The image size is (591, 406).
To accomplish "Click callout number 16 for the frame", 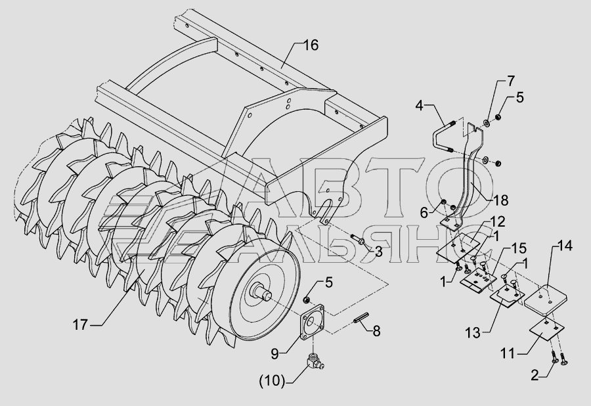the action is coord(311,45).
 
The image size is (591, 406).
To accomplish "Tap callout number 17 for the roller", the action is coord(80,325).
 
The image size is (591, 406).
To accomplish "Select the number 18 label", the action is coord(501,200).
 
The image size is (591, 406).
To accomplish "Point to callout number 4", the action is coord(420,106).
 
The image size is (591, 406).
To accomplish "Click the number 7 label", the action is coord(511,81).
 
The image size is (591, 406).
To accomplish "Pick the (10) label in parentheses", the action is coord(272,381).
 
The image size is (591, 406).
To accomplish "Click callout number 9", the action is coord(274,353).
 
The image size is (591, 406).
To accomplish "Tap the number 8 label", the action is coord(376,331).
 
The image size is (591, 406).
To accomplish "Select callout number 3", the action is coord(378,252).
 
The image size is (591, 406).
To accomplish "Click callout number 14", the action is coord(565,246).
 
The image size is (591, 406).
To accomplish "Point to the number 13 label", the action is coord(473,333).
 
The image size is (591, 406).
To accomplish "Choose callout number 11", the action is coord(508,354).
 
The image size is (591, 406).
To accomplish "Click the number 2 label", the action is coord(535,376).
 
